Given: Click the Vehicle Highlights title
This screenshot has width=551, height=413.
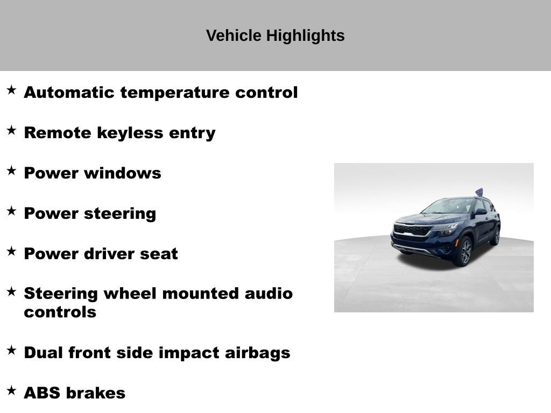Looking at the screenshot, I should pyautogui.click(x=275, y=36).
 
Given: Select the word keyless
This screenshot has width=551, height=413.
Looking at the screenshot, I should pyautogui.click(x=129, y=133).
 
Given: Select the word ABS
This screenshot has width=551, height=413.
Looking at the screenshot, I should pyautogui.click(x=42, y=393).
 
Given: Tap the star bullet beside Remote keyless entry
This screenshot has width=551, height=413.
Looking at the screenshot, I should pyautogui.click(x=11, y=131).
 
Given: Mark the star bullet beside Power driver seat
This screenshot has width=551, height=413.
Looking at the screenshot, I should pyautogui.click(x=11, y=251).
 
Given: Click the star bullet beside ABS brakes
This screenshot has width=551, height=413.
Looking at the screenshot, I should pyautogui.click(x=11, y=390).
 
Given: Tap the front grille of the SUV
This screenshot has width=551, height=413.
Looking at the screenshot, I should pyautogui.click(x=413, y=230).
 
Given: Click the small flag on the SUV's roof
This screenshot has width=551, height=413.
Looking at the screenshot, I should pyautogui.click(x=479, y=192).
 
